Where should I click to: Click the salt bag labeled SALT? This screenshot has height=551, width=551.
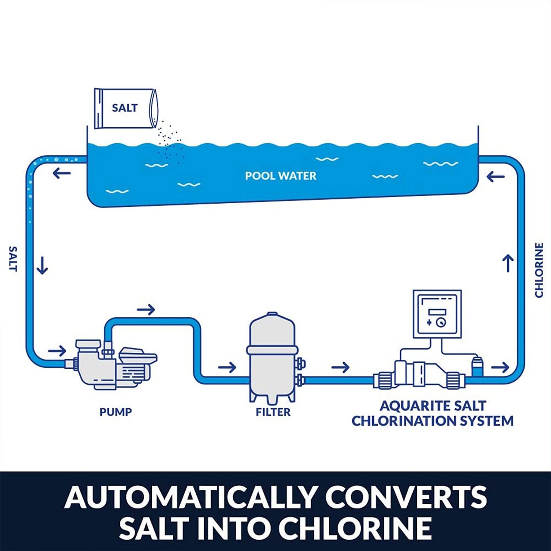(124, 108)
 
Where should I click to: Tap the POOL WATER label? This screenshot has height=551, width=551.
(281, 176)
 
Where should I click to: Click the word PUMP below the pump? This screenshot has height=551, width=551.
(116, 412)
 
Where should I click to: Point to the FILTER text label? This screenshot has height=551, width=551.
(273, 412)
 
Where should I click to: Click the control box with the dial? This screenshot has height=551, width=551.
(437, 314)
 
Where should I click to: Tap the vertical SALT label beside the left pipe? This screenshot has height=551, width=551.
(13, 259)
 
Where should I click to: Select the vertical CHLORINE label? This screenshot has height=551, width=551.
(538, 270)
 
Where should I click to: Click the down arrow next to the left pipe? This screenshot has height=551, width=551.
(42, 265)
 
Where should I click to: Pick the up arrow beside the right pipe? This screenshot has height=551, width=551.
(508, 263)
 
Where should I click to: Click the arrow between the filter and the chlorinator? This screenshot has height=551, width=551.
(340, 368)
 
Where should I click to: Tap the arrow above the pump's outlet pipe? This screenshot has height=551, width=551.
(146, 310)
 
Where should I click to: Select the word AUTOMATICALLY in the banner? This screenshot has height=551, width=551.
(190, 497)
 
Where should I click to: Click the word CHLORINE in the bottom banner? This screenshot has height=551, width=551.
(355, 528)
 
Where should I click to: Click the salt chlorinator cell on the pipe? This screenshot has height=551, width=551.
(419, 374)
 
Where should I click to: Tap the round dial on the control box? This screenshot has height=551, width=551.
(441, 323)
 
